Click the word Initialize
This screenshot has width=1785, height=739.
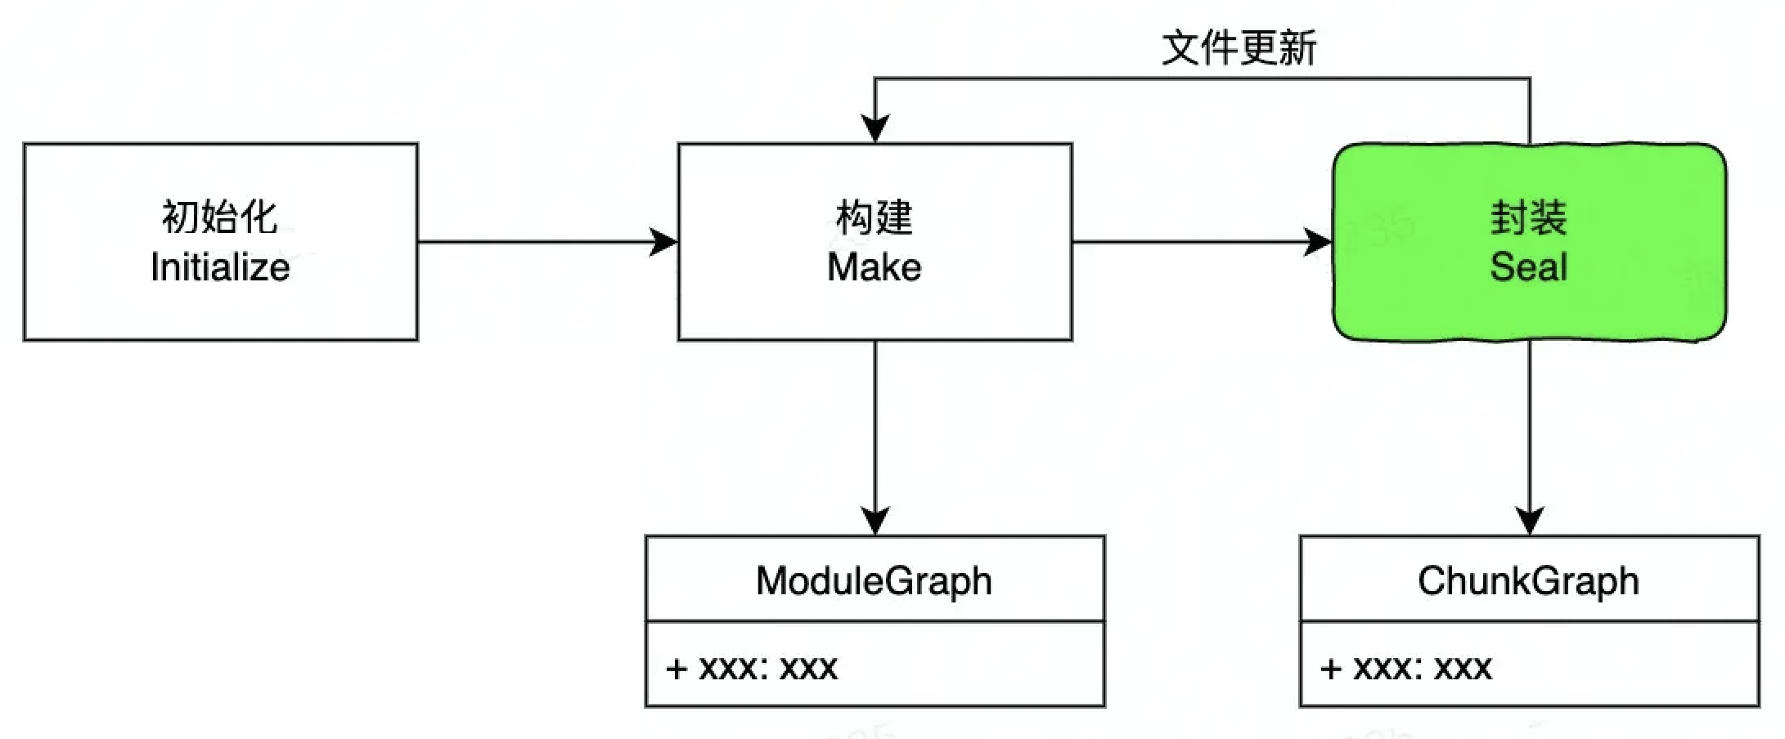[x=220, y=267]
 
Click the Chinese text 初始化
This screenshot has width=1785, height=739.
[x=219, y=217]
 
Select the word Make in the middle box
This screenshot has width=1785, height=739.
[x=874, y=267]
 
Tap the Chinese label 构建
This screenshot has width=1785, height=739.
[x=874, y=217]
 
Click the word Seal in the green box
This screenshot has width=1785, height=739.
[x=1528, y=267]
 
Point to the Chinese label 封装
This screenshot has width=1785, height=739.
[x=1528, y=217]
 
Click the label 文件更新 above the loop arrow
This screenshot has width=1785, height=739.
[x=1239, y=47]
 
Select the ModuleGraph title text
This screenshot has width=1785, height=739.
[x=874, y=581]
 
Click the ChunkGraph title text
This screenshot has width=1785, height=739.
[x=1528, y=581]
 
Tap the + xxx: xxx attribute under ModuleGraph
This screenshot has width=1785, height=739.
[x=752, y=668]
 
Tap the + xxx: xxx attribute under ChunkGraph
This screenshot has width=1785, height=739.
[x=1406, y=668]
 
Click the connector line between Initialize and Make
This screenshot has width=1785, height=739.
[x=532, y=242]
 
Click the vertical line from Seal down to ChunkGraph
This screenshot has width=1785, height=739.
[x=1530, y=425]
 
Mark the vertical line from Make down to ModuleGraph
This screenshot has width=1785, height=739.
[x=875, y=425]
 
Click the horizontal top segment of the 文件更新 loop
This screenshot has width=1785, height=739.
[x=1203, y=78]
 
